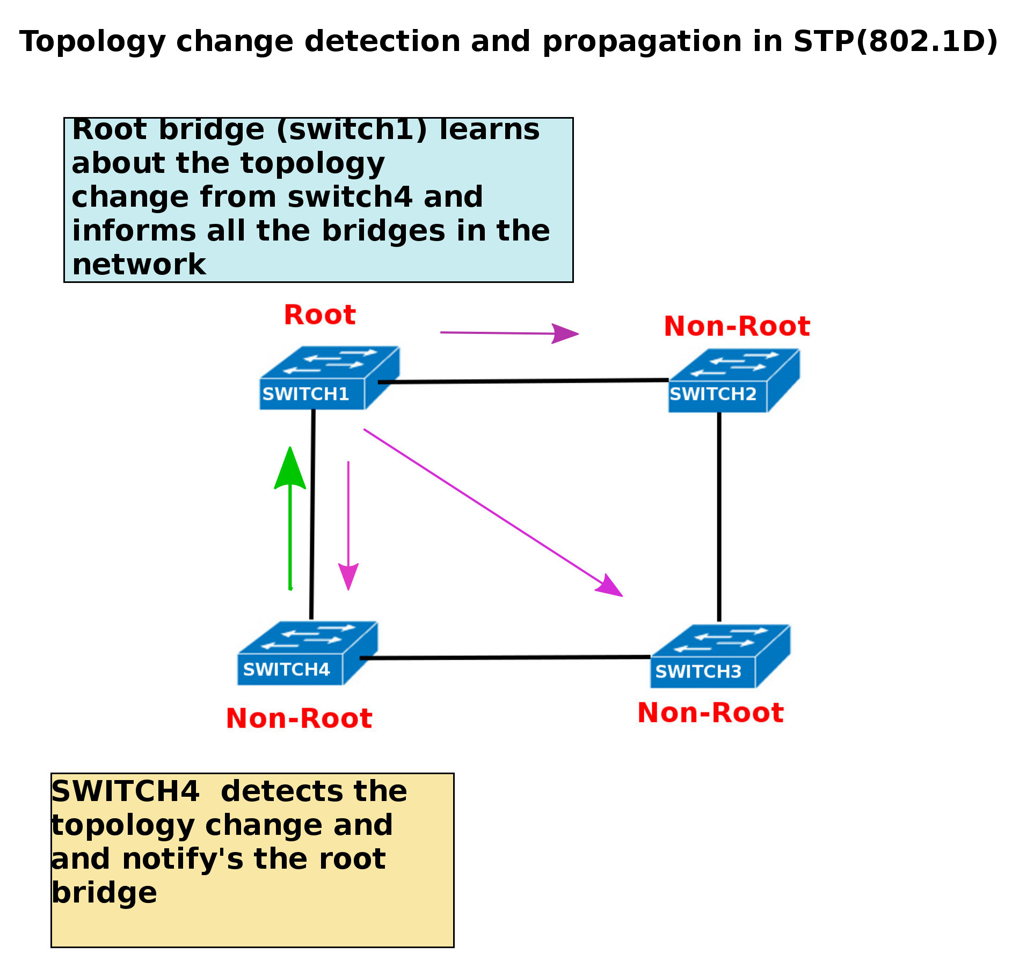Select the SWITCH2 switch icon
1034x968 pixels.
pos(733,381)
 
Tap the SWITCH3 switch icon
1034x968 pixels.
pos(719,656)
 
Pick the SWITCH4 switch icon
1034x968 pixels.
pos(307,653)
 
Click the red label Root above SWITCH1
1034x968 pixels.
pos(319,315)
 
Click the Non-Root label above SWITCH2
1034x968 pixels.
pos(737,326)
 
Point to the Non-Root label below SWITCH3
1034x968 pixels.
pos(710,713)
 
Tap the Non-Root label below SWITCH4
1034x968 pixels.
pos(299,718)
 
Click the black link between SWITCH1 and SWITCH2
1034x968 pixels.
pos(523,381)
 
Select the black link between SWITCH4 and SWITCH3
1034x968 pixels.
pos(505,657)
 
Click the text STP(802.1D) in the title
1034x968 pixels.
pos(895,41)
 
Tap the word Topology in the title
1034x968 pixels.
pos(92,42)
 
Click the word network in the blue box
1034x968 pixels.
pos(139,265)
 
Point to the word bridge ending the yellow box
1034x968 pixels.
pos(104,893)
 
